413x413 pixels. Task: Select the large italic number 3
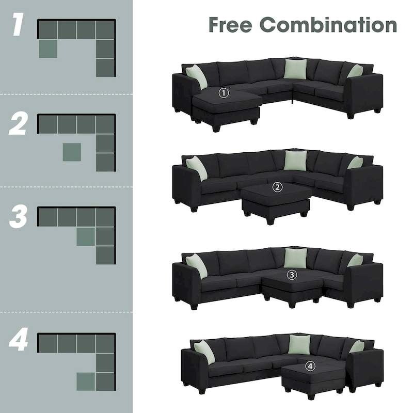tap(18, 217)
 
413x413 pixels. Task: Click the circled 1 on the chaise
tap(223, 93)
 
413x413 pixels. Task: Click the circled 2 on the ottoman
tap(278, 187)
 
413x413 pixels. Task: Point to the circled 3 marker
tap(292, 275)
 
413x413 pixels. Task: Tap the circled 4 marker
tap(310, 366)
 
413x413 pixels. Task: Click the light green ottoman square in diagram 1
tap(47, 49)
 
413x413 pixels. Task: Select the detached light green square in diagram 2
tap(72, 152)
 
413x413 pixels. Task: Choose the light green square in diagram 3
tap(86, 236)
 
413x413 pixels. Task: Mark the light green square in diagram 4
tap(86, 381)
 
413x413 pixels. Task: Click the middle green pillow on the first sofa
tap(295, 69)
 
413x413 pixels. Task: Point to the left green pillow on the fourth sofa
tap(204, 352)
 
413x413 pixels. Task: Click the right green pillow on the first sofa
tap(355, 71)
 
